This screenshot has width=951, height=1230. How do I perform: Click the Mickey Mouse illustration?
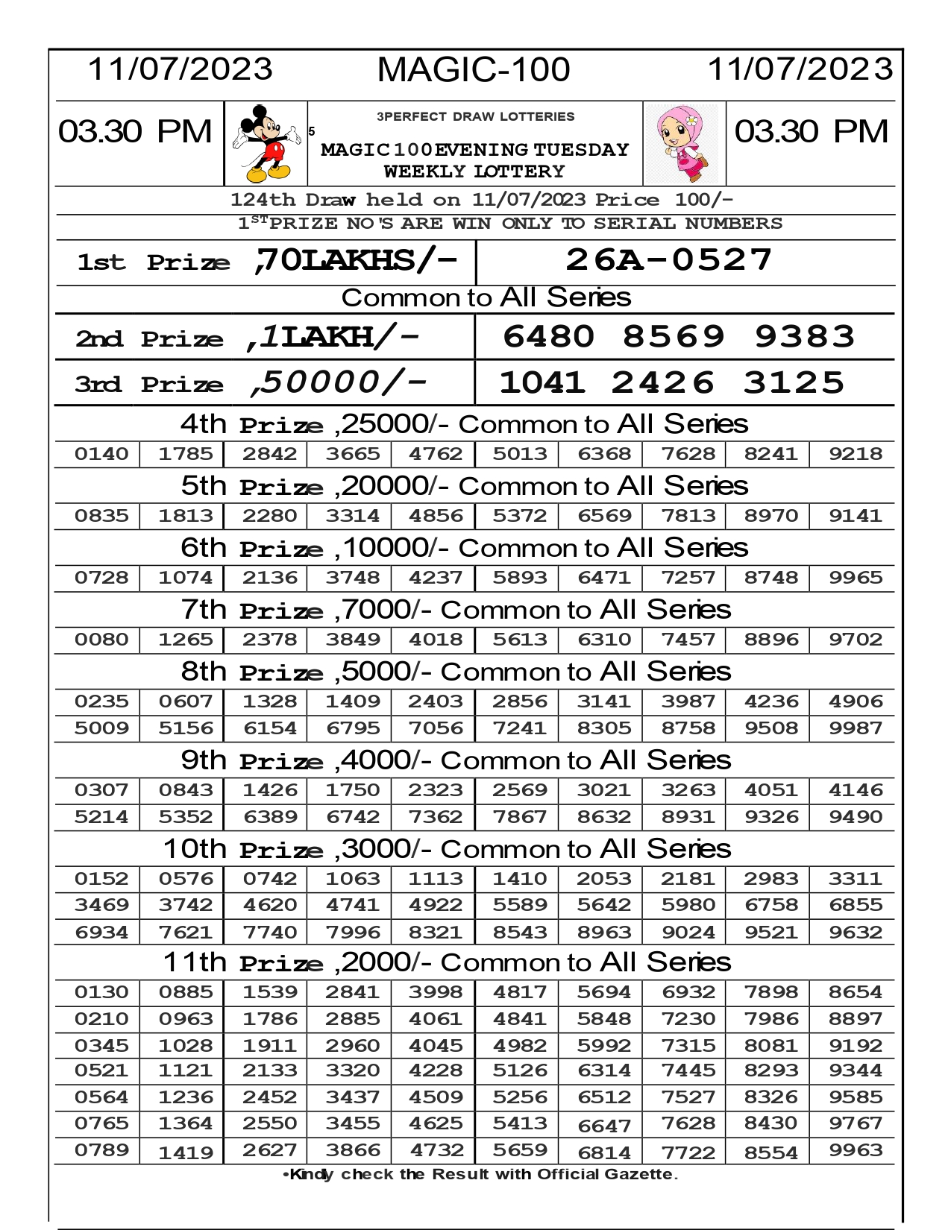(265, 143)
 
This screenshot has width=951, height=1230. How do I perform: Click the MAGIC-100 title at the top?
(474, 70)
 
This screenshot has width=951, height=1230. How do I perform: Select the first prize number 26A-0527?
(669, 260)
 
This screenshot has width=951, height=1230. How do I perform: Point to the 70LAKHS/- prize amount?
(355, 260)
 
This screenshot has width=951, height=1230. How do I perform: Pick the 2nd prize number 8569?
(674, 336)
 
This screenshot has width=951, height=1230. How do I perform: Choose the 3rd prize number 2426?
(662, 383)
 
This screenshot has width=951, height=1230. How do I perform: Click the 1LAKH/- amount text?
(333, 337)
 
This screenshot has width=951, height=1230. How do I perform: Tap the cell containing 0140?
(101, 454)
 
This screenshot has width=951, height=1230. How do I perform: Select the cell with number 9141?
(855, 516)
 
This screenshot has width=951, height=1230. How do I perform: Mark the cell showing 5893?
(520, 578)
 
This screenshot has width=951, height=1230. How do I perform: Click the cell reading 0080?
(101, 640)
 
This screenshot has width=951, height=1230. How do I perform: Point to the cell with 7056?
(436, 728)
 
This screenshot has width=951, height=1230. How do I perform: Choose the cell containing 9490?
(855, 817)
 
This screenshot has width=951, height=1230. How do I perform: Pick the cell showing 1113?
(436, 879)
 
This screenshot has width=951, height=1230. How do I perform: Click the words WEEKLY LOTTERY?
(474, 171)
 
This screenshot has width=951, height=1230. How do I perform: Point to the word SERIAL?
(635, 224)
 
